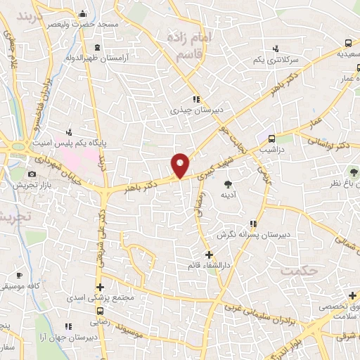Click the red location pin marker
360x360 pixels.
(x=180, y=165)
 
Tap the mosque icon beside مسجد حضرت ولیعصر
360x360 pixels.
(x=83, y=13)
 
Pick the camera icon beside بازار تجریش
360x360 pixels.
(x=31, y=174)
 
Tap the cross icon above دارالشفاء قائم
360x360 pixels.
(x=208, y=254)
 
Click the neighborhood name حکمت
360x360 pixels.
(x=294, y=270)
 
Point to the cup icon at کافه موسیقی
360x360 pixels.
(x=19, y=275)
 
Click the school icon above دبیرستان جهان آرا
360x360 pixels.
(x=69, y=326)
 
